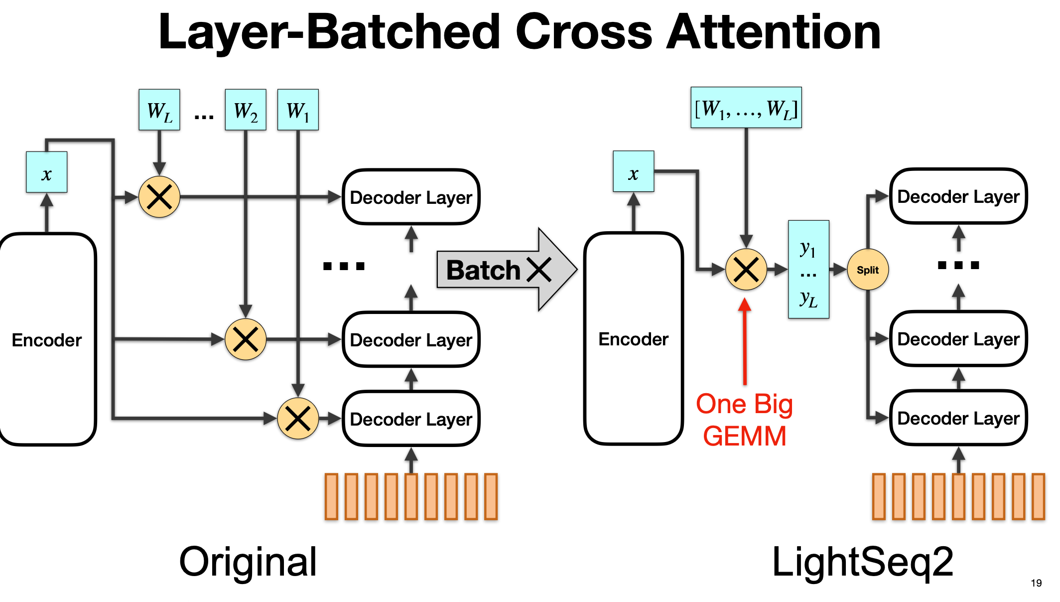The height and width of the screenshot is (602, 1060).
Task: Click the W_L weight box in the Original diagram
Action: tap(159, 110)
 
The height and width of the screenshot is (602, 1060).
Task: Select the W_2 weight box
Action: tap(246, 110)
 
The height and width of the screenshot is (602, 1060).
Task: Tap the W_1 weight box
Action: tap(298, 110)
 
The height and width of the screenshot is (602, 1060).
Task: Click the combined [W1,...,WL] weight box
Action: tap(746, 108)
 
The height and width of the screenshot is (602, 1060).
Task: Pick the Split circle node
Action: tap(867, 270)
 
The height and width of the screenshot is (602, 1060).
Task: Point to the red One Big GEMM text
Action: tap(744, 420)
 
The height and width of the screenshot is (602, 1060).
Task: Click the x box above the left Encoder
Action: tap(46, 172)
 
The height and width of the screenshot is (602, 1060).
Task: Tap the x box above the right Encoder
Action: tap(633, 171)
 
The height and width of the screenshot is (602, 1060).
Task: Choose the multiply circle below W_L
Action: tap(159, 197)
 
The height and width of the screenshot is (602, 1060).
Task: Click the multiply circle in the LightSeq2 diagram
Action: tap(746, 270)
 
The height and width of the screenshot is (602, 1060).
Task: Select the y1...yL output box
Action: tap(808, 270)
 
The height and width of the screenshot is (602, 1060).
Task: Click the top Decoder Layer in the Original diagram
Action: tap(411, 197)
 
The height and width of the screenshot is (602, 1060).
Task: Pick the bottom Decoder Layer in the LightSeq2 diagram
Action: tap(958, 418)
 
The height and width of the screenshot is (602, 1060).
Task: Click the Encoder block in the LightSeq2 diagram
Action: tap(633, 339)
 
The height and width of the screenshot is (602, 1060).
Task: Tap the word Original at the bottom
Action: tap(248, 562)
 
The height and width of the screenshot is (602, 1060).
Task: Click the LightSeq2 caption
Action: tap(862, 562)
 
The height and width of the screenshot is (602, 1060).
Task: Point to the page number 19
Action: tap(1036, 583)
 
